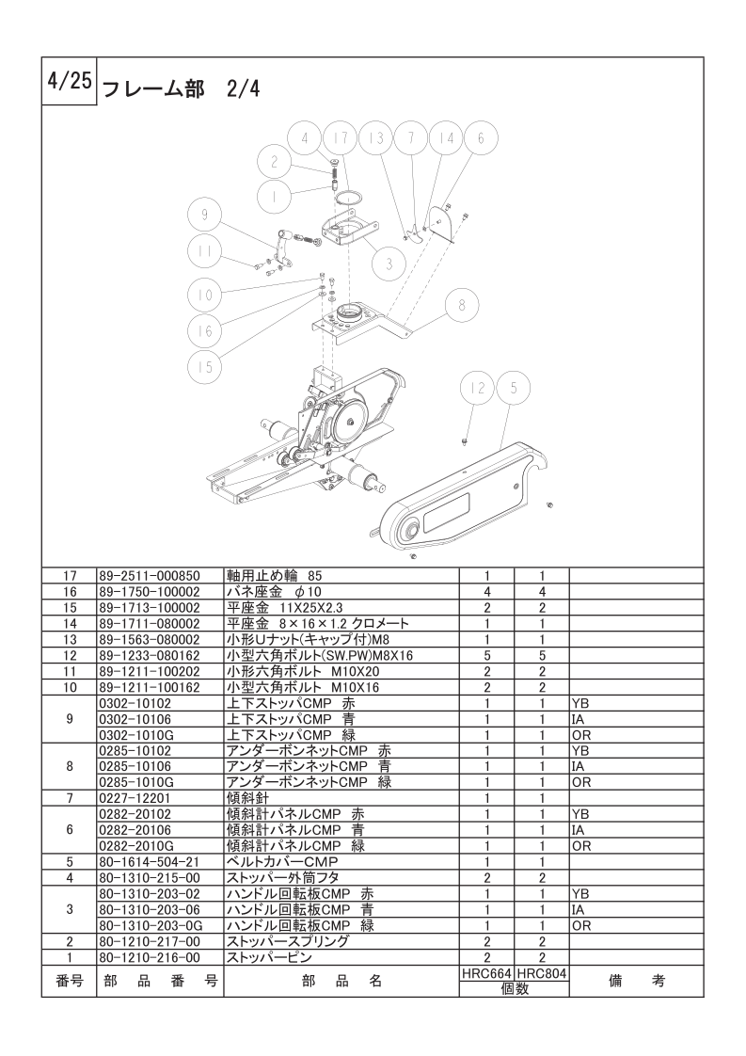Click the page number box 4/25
pos(67,81)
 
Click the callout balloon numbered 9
pos(203,215)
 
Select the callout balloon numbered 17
pos(341,137)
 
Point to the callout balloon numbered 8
pos(461,305)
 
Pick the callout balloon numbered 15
pos(203,367)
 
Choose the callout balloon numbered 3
pos(388,264)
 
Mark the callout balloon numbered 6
pos(480,137)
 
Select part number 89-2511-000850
pos(150,574)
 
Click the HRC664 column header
pos(486,975)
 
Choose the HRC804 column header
pos(543,975)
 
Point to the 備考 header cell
pos(637,981)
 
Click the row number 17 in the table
pos(69,574)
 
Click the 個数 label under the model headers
pos(515,989)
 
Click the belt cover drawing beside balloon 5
pos(461,499)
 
